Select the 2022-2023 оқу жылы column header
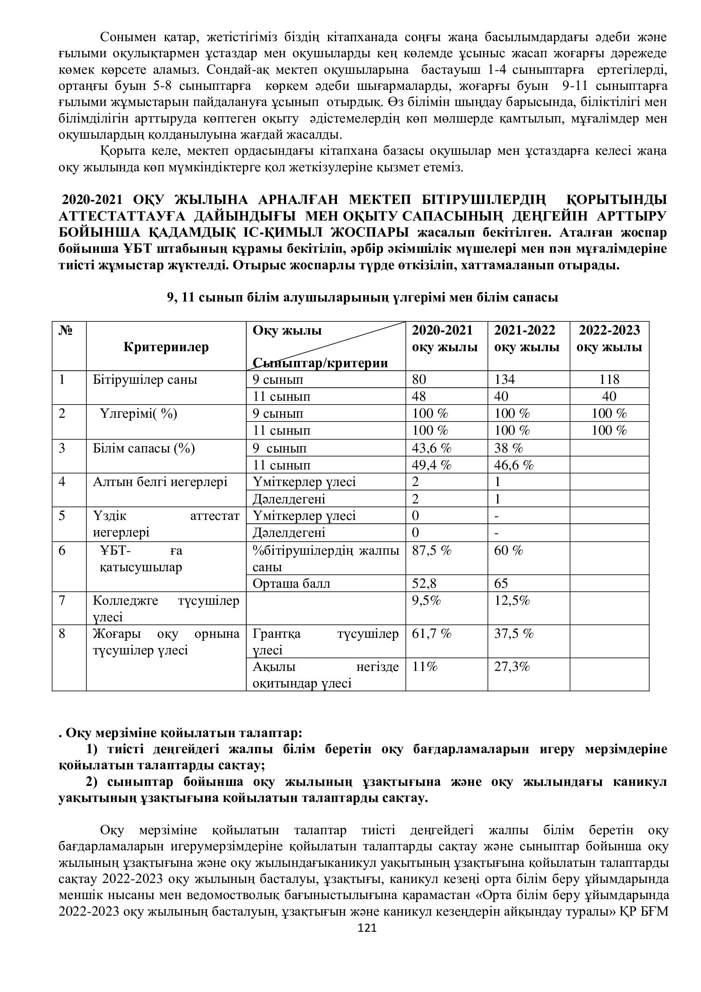(609, 339)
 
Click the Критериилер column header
(166, 347)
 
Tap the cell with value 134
(505, 379)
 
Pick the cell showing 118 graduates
(609, 379)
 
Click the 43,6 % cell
(431, 448)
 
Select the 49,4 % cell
(431, 465)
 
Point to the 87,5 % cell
(431, 551)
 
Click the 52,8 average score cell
(424, 584)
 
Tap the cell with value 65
(501, 584)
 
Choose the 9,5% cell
(426, 601)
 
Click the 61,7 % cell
(431, 634)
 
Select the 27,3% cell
(512, 667)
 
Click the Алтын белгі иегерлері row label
(160, 482)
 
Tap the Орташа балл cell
(291, 584)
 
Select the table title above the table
(363, 298)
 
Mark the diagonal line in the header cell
(326, 346)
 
